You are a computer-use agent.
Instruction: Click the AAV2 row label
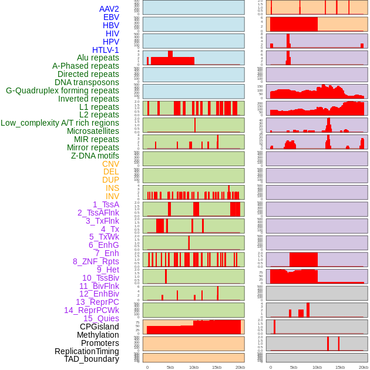click(x=109, y=9)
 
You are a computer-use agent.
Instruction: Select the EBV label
click(x=111, y=18)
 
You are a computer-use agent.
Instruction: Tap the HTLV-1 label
click(x=106, y=50)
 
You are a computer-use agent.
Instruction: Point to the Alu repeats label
click(x=98, y=58)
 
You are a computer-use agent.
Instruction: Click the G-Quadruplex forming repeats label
click(x=62, y=91)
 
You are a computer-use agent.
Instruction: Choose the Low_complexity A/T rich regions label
click(x=60, y=123)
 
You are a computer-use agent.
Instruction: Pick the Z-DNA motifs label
click(x=95, y=156)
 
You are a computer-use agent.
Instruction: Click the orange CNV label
click(x=110, y=164)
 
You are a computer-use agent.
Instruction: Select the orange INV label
click(x=112, y=196)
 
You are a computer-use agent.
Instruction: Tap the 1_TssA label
click(x=106, y=204)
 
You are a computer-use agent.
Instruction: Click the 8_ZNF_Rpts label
click(x=96, y=261)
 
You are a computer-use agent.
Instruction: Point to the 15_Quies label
click(x=101, y=318)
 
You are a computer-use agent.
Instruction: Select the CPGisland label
click(x=99, y=327)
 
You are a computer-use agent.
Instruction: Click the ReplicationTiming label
click(x=86, y=351)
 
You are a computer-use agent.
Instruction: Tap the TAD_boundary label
click(x=92, y=359)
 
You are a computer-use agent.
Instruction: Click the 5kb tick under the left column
click(x=170, y=367)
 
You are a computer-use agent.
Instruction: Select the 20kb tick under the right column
click(x=363, y=367)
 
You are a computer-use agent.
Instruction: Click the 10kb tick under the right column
click(x=317, y=367)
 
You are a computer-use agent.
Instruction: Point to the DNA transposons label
click(x=87, y=83)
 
